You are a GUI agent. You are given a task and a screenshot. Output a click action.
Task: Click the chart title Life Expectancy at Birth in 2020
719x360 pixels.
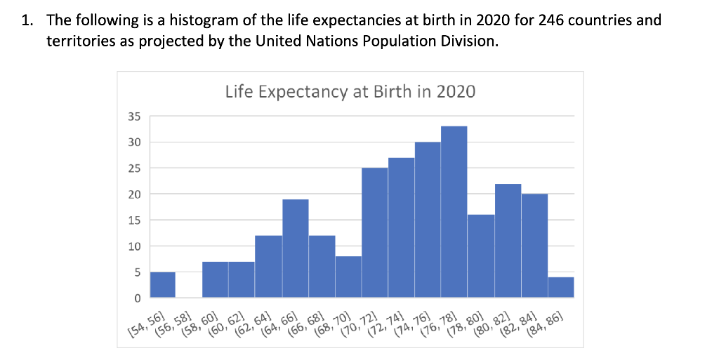tap(350, 92)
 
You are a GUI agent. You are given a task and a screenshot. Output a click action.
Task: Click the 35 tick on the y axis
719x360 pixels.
tap(133, 116)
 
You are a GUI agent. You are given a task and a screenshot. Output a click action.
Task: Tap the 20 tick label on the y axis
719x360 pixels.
tap(133, 194)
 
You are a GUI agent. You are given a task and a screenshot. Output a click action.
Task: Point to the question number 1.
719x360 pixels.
tap(25, 19)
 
